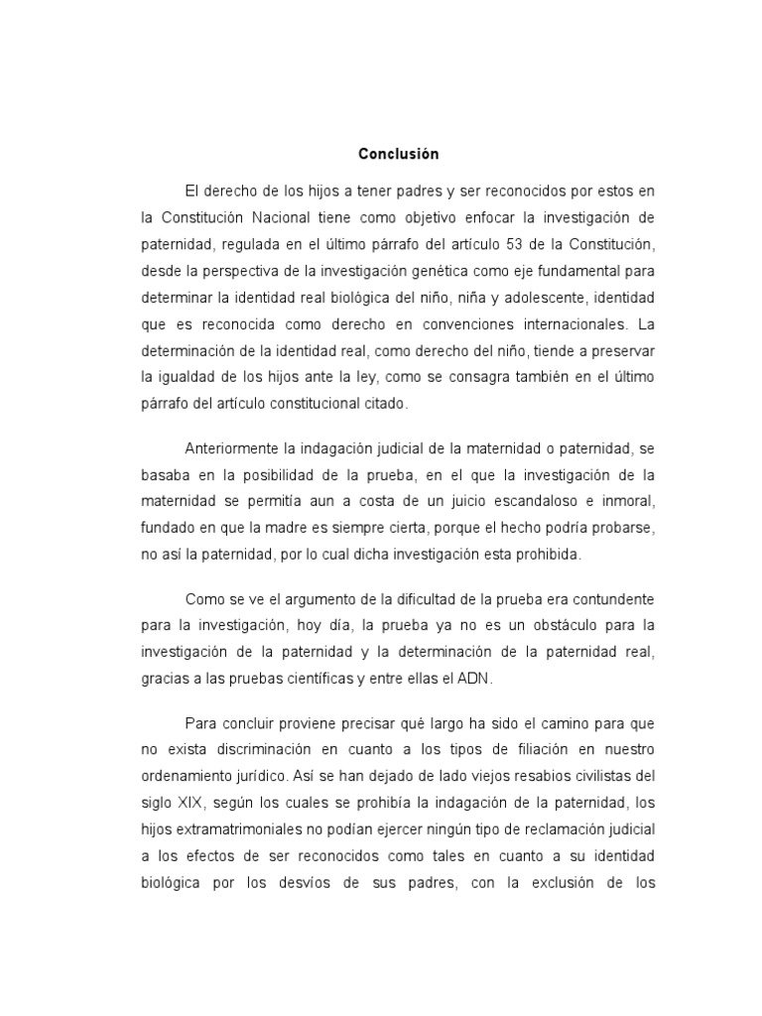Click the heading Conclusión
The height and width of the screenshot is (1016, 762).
pos(398,155)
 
